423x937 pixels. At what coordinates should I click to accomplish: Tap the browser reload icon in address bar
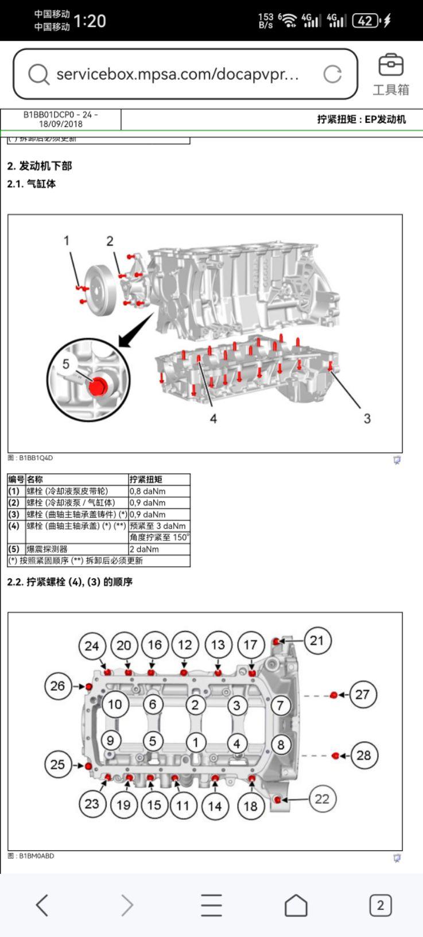(332, 74)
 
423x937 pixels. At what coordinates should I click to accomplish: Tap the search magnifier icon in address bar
(38, 74)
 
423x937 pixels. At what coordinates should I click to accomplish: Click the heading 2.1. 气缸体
(32, 184)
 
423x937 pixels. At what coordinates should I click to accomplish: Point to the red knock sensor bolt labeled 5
(98, 386)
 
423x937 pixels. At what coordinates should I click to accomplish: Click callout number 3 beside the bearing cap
(367, 419)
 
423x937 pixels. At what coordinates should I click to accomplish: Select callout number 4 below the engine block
(213, 419)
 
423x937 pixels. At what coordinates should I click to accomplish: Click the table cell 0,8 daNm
(147, 491)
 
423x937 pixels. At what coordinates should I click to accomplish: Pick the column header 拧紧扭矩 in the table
(146, 479)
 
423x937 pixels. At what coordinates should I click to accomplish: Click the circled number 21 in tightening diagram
(316, 640)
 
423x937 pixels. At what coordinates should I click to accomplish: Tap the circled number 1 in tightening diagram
(195, 742)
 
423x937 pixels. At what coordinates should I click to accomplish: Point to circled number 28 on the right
(363, 755)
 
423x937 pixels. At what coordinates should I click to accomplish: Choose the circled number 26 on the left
(58, 686)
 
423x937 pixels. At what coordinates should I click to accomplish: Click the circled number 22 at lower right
(322, 799)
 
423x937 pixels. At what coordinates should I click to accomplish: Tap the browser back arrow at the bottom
(42, 905)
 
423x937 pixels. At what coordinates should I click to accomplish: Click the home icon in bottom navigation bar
(296, 905)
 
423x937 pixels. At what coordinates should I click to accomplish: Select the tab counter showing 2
(380, 905)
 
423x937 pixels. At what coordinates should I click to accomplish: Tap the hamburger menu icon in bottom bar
(211, 905)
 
